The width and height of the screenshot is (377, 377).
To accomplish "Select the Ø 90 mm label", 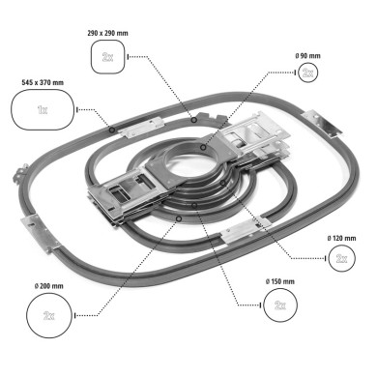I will [x=307, y=54].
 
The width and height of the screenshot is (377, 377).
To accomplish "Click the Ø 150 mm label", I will [x=280, y=281].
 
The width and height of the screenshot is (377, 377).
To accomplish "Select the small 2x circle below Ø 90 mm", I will [x=307, y=72].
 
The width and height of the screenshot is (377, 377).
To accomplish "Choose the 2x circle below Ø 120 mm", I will [x=341, y=258].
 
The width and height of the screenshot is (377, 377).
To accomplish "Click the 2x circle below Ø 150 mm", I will [x=280, y=304].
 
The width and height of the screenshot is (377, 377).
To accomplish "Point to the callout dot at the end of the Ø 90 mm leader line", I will [x=204, y=147].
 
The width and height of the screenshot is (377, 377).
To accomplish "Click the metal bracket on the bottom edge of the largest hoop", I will [x=246, y=232].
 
